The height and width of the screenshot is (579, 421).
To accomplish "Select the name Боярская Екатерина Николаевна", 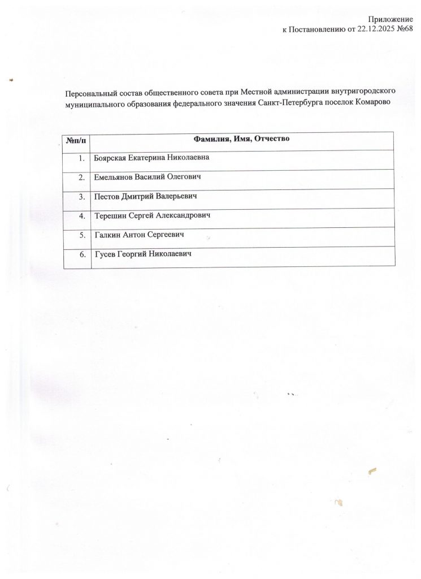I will point(152,158).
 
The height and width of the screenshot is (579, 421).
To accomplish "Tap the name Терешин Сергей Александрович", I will point(156,215).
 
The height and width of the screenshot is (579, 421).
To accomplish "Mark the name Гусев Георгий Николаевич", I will point(143,254).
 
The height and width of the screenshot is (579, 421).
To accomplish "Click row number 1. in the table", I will point(83,158).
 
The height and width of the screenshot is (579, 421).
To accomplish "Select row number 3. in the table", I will point(83,196).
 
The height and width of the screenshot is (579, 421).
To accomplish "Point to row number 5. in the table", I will point(83,235).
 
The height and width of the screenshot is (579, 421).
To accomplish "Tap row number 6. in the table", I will point(83,254).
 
